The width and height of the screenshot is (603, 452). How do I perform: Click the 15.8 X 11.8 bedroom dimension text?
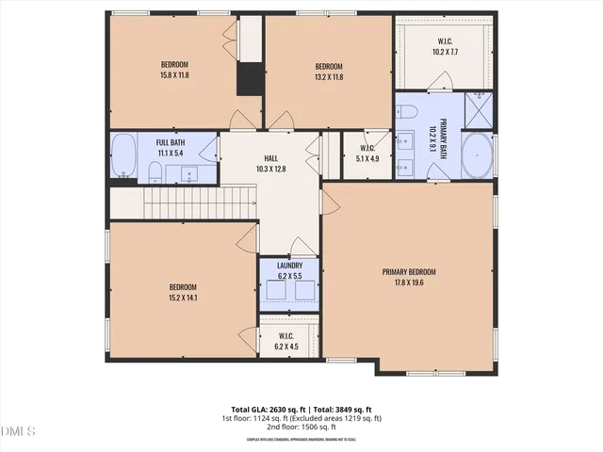tap(174, 74)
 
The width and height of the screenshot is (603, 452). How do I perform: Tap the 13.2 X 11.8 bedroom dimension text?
tap(328, 74)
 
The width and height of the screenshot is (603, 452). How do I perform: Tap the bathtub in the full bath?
tap(124, 154)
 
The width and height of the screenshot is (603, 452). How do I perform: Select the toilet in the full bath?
tap(155, 171)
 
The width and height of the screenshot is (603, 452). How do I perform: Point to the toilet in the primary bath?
tap(409, 112)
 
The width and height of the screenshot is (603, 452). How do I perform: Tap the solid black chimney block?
tap(250, 78)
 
